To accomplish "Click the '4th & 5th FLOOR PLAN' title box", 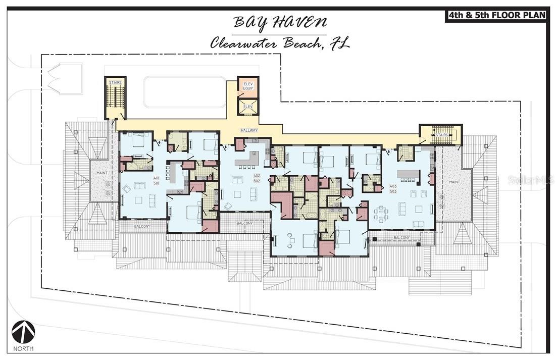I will (496, 15).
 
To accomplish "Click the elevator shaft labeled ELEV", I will (248, 107).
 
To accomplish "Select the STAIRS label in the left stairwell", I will (115, 82).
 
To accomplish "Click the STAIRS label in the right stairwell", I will (442, 135).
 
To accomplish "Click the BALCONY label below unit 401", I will (142, 226).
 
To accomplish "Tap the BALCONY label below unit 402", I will (244, 223).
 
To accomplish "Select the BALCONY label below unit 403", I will (401, 237).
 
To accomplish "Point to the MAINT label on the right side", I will (454, 182).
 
